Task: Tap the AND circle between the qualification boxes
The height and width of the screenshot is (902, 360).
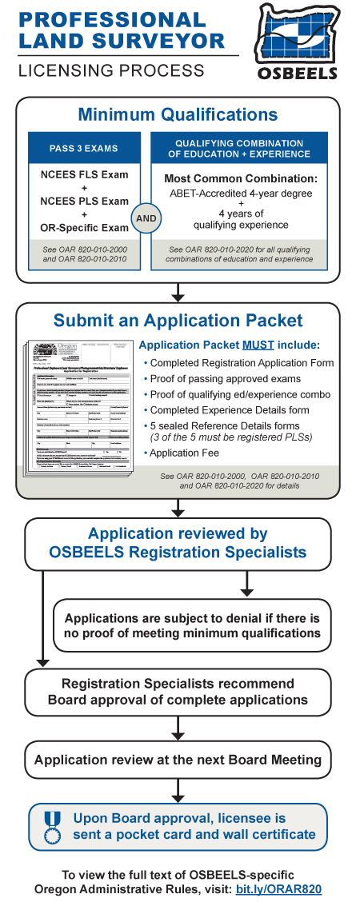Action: tap(147, 217)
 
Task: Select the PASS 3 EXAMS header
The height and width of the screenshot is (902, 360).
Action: tap(84, 148)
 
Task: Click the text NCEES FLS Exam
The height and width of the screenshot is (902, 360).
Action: tap(84, 175)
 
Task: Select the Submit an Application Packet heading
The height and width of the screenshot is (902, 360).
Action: tap(178, 321)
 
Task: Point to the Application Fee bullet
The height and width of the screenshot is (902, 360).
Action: tap(186, 453)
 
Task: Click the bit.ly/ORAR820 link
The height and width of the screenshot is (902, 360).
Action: tap(279, 888)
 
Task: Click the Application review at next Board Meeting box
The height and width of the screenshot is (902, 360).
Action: tap(178, 760)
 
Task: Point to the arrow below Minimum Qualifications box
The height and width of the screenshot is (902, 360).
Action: tap(178, 293)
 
